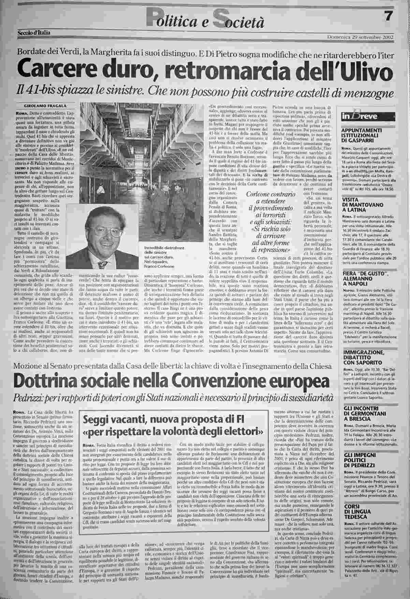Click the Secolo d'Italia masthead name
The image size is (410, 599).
[x=34, y=33]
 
